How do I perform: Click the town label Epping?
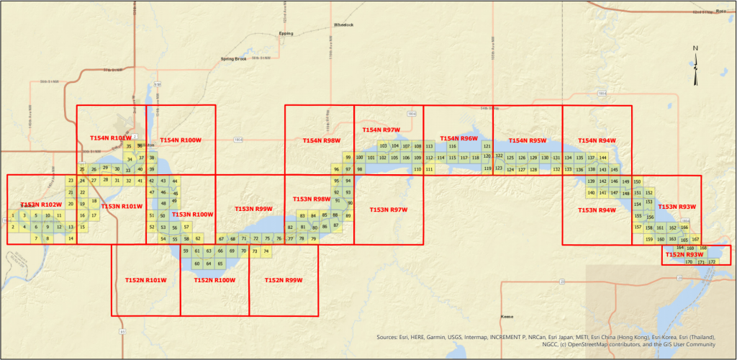pyautogui.click(x=286, y=33)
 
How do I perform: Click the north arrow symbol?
pyautogui.click(x=695, y=66)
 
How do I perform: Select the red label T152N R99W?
pyautogui.click(x=284, y=280)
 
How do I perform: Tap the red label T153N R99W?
pyautogui.click(x=253, y=209)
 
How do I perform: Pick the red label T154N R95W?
pyautogui.click(x=528, y=140)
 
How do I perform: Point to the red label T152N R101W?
pyautogui.click(x=145, y=280)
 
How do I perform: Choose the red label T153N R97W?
pyautogui.click(x=389, y=210)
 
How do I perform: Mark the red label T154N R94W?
pyautogui.click(x=597, y=140)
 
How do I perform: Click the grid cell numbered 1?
pyautogui.click(x=13, y=215)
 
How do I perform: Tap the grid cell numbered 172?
pyautogui.click(x=712, y=262)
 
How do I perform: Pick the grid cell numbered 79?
pyautogui.click(x=313, y=238)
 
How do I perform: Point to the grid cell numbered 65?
pyautogui.click(x=220, y=264)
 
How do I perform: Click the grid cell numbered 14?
pyautogui.click(x=71, y=238)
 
